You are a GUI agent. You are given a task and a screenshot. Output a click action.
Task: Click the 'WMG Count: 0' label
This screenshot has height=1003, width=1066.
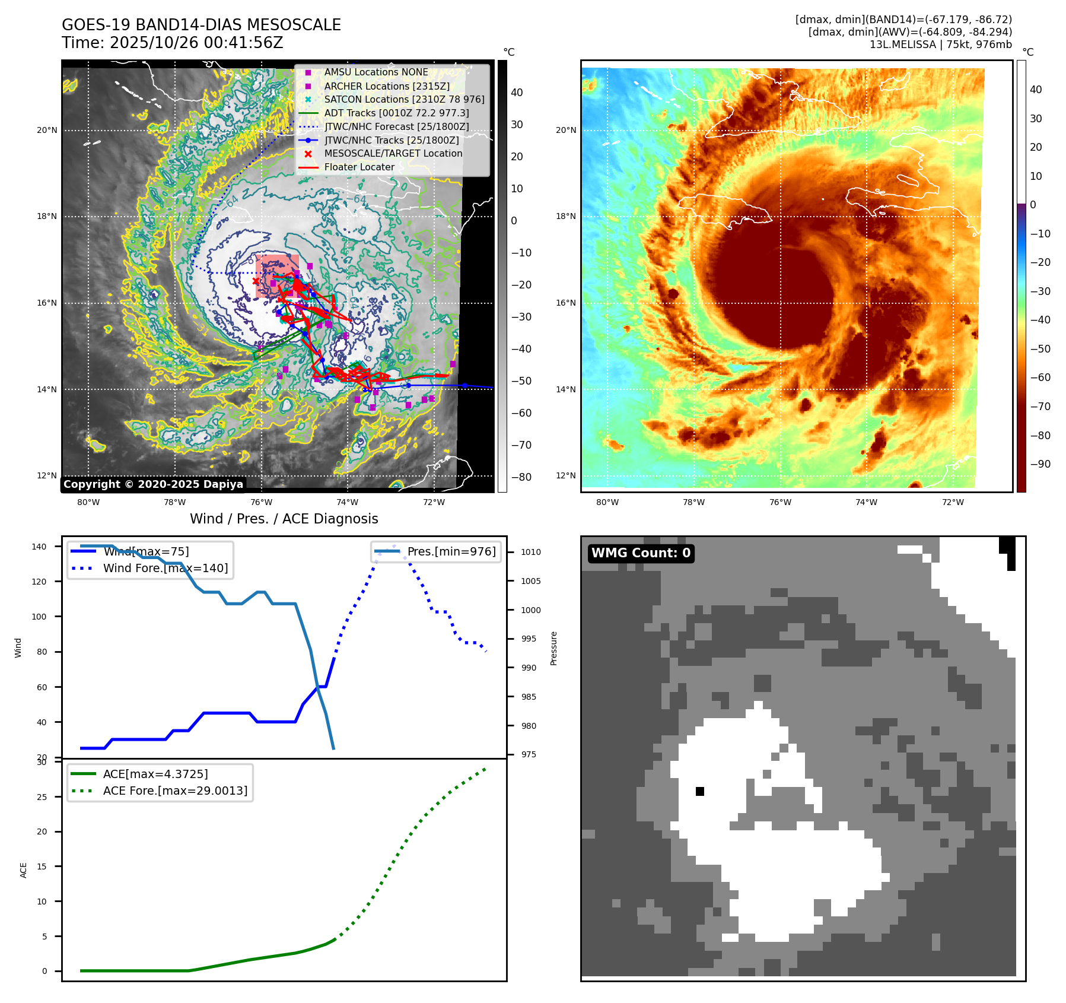(x=641, y=553)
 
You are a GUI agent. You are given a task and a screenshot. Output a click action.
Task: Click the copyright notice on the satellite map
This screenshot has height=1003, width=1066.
(x=153, y=484)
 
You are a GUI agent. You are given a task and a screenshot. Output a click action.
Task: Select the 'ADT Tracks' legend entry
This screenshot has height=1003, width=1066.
(x=396, y=113)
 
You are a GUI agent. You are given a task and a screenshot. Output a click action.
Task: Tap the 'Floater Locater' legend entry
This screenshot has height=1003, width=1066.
(x=359, y=167)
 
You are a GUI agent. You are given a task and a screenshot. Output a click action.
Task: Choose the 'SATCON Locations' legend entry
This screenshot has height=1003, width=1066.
(x=404, y=99)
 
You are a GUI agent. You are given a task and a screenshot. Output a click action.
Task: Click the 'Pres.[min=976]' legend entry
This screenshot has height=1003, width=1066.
(x=451, y=551)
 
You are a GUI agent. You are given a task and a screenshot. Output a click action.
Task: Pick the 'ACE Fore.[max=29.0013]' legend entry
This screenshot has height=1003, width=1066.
(x=175, y=791)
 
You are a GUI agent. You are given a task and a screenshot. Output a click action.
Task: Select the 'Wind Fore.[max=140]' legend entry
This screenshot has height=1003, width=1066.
(x=166, y=568)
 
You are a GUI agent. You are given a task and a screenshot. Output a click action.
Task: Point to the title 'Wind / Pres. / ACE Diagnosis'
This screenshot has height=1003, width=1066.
(x=284, y=519)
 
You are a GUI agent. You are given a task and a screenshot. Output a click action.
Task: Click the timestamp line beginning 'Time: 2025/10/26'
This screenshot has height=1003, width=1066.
(x=172, y=43)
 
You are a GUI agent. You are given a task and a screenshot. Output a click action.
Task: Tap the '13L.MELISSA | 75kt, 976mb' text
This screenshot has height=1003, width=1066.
(x=940, y=45)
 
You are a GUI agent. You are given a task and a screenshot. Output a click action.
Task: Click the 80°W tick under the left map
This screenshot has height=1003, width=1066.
(x=88, y=502)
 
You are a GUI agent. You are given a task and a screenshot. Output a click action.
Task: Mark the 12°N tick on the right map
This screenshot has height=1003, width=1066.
(x=566, y=475)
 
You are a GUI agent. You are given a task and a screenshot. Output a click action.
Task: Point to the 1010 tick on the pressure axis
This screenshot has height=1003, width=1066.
(x=531, y=552)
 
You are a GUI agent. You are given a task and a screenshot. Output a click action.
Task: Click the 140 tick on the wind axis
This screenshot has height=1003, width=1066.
(x=39, y=547)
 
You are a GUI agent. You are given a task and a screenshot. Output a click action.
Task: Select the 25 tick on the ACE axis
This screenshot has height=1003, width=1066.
(x=42, y=797)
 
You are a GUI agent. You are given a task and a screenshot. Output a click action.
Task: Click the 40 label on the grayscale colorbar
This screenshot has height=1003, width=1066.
(x=517, y=93)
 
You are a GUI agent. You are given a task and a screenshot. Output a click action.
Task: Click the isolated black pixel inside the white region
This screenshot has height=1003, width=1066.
(x=700, y=791)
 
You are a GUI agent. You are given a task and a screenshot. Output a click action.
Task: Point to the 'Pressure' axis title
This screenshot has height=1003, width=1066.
(x=553, y=648)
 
